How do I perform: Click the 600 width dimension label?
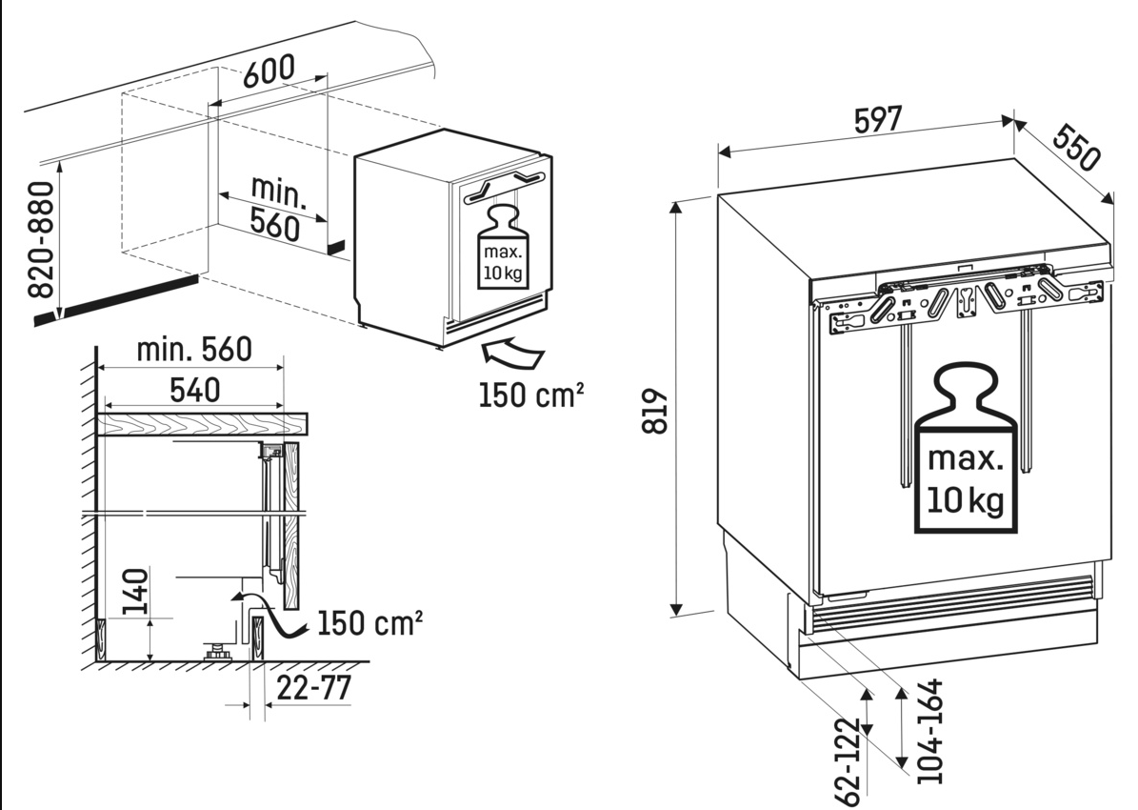(268, 70)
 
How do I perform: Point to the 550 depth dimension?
(1077, 148)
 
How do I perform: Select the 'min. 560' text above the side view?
(193, 350)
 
